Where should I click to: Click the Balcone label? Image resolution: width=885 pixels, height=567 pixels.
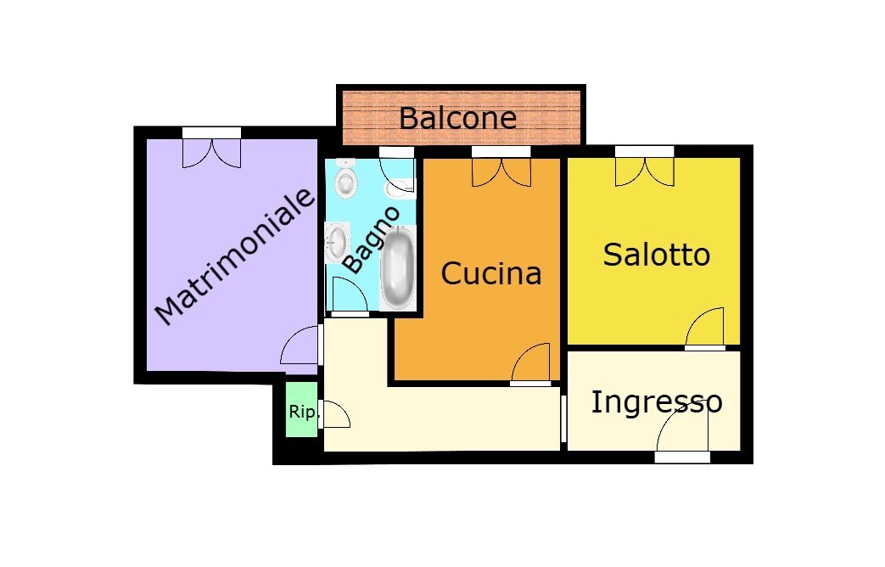point(457,118)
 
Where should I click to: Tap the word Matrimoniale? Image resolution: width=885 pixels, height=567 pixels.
point(235,256)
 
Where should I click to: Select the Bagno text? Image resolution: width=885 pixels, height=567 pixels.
point(370,239)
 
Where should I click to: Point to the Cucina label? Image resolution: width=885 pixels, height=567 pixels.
point(490,273)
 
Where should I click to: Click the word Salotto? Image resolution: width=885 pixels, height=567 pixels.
point(656,255)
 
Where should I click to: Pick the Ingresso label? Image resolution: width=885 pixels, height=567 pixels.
point(656,401)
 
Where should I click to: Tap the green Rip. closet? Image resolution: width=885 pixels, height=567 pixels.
point(301,411)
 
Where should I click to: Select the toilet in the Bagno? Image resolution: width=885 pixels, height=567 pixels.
point(345,179)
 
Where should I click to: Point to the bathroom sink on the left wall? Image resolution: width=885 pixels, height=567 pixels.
point(336,243)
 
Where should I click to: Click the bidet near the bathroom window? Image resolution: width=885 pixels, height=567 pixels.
point(400,188)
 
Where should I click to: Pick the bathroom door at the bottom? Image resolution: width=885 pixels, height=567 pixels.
point(349,296)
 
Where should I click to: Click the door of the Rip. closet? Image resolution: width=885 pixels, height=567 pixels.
point(334,415)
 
